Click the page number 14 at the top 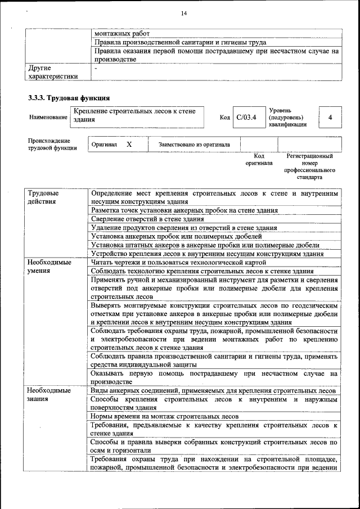click(183, 13)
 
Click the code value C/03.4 click(246, 118)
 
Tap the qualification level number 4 click(330, 118)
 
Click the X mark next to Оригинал click(129, 145)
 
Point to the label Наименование click(47, 118)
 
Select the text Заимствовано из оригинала click(194, 145)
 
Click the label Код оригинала click(259, 160)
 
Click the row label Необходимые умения click(49, 266)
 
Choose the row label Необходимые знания click(49, 394)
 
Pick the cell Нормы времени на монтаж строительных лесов click(165, 416)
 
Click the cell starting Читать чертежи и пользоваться click(174, 262)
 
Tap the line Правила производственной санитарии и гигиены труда click(180, 42)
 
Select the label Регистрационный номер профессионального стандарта click(309, 166)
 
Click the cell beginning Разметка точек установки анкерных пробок click(184, 210)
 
